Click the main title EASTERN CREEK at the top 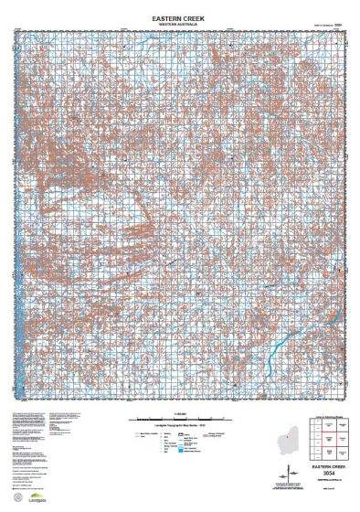tap(179, 16)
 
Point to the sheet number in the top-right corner tap(337, 25)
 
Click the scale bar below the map tap(179, 417)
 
